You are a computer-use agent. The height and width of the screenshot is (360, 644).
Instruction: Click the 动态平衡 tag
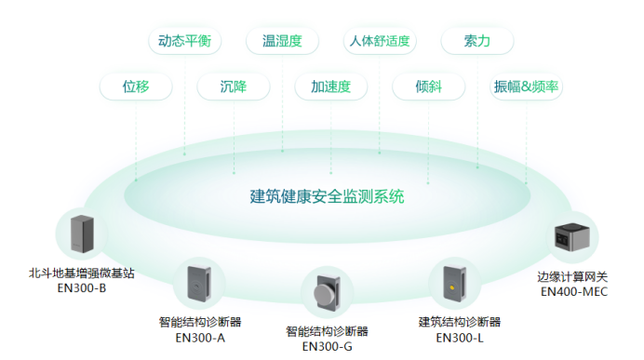tap(184, 41)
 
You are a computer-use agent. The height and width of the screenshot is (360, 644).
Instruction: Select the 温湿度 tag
tap(282, 41)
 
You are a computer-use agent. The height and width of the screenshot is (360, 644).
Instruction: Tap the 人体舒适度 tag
tap(380, 41)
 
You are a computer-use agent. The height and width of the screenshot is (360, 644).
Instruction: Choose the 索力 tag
tap(477, 41)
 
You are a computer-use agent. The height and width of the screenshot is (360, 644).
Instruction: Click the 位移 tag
tap(136, 87)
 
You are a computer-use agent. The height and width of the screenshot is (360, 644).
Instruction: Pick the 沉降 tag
tap(234, 87)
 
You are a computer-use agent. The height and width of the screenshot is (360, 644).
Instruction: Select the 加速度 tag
tap(330, 87)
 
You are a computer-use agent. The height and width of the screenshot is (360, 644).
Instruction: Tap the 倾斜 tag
tap(428, 87)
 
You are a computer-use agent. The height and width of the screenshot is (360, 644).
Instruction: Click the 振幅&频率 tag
tap(526, 87)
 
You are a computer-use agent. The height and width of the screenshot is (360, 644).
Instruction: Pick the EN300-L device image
tap(453, 283)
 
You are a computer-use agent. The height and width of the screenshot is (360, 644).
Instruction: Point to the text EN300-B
tap(82, 287)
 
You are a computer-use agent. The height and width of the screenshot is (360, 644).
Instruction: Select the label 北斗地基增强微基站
tap(82, 273)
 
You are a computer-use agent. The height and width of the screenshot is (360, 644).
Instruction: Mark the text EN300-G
tap(328, 347)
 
